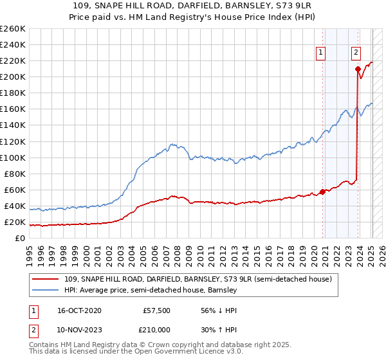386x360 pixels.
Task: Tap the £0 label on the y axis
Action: pos(20,239)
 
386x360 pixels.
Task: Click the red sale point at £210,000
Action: pos(358,69)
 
